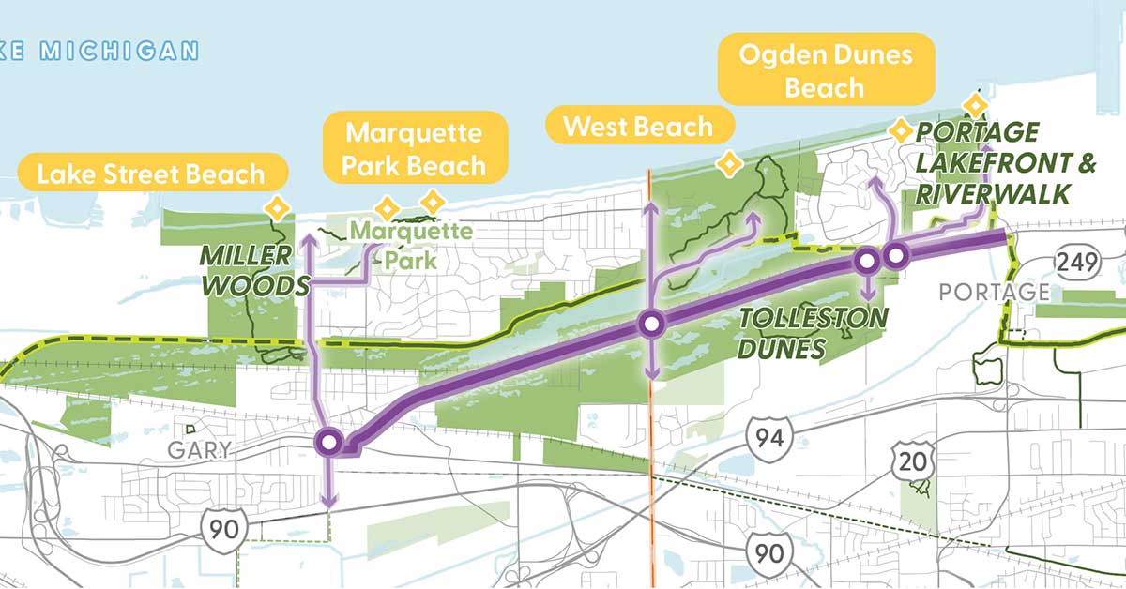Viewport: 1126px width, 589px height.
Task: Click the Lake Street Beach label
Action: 150,174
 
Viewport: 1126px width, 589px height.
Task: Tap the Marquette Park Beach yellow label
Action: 414,149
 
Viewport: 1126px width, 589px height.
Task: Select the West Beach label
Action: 638,126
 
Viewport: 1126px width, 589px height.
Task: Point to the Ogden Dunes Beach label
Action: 825,70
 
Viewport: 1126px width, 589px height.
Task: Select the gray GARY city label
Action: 199,450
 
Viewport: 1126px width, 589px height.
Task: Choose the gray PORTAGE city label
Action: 994,293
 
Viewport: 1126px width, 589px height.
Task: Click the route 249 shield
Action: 1073,262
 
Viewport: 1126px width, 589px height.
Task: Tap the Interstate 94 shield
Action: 770,435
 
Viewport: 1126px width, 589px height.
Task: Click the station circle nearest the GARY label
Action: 329,442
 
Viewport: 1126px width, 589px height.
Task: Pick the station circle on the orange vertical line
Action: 651,325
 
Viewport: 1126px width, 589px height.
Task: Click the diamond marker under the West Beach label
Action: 725,165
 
